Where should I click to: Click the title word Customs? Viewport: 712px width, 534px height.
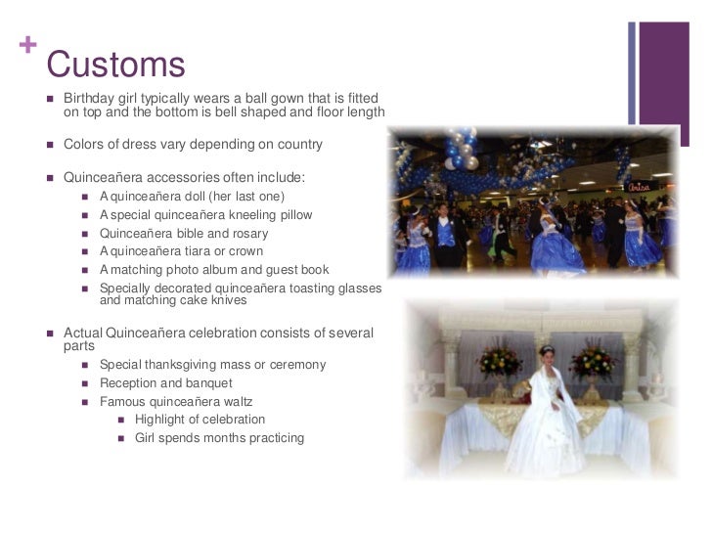[x=115, y=65]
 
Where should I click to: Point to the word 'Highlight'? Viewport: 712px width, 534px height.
[x=165, y=420]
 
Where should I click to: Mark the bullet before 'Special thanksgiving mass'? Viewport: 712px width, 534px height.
[x=86, y=366]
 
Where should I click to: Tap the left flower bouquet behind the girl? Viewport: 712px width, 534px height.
[x=499, y=361]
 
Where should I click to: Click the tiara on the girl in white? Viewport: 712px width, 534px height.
[x=546, y=349]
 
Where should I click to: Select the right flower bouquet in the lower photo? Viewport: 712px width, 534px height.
[x=593, y=362]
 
